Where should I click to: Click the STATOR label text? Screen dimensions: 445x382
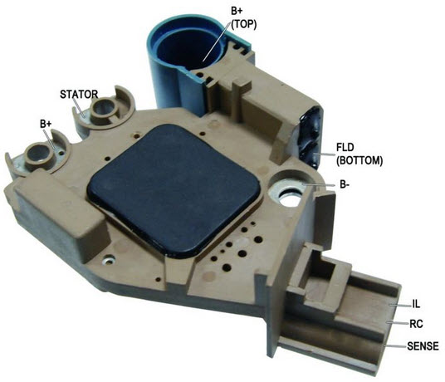click(79, 94)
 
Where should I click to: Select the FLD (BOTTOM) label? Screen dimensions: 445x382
click(359, 154)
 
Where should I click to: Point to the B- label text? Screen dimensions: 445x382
click(345, 184)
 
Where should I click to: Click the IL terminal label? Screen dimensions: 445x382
click(416, 304)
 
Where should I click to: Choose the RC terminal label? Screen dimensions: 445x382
click(416, 324)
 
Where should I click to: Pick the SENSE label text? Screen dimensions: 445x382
click(423, 346)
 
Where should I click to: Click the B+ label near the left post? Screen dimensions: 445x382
click(46, 124)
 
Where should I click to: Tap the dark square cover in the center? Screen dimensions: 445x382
click(174, 190)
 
